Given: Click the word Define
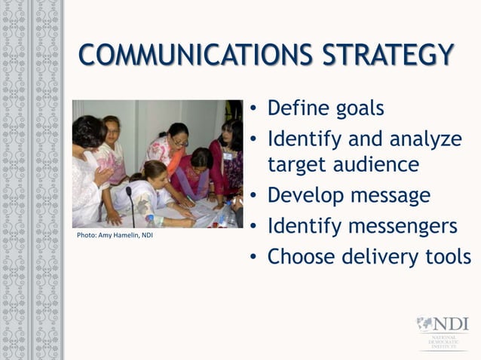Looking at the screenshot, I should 292,108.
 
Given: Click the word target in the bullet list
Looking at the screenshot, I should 297,165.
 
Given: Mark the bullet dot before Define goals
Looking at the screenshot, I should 255,110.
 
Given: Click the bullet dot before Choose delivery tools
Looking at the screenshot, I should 255,258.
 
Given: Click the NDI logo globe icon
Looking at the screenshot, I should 426,325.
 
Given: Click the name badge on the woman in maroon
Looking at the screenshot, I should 227,156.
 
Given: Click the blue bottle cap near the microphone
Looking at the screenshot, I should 150,218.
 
